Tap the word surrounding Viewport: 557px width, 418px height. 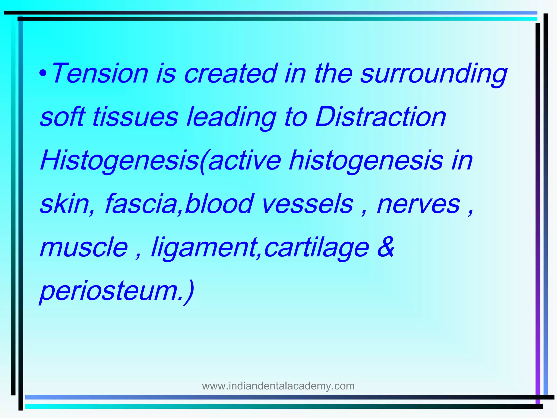point(434,74)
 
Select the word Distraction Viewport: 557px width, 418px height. point(380,117)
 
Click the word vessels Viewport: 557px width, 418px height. point(307,204)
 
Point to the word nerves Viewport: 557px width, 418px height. point(419,204)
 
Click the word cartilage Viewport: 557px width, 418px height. point(317,248)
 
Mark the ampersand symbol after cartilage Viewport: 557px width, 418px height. point(386,247)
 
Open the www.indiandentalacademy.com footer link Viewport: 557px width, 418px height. point(278,386)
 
